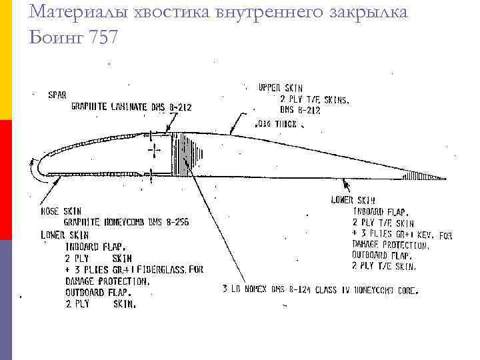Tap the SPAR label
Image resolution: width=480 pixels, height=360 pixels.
(x=57, y=95)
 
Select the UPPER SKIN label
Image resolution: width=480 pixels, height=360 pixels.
(x=280, y=88)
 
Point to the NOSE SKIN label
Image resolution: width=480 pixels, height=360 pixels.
(x=59, y=211)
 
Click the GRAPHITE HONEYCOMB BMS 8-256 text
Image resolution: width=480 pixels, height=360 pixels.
(x=126, y=222)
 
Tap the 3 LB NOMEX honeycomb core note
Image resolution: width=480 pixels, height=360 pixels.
(x=320, y=290)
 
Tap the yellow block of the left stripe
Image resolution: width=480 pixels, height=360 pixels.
(x=6, y=60)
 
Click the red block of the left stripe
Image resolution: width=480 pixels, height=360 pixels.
(x=6, y=180)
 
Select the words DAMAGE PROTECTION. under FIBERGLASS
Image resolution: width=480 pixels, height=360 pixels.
(x=107, y=281)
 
